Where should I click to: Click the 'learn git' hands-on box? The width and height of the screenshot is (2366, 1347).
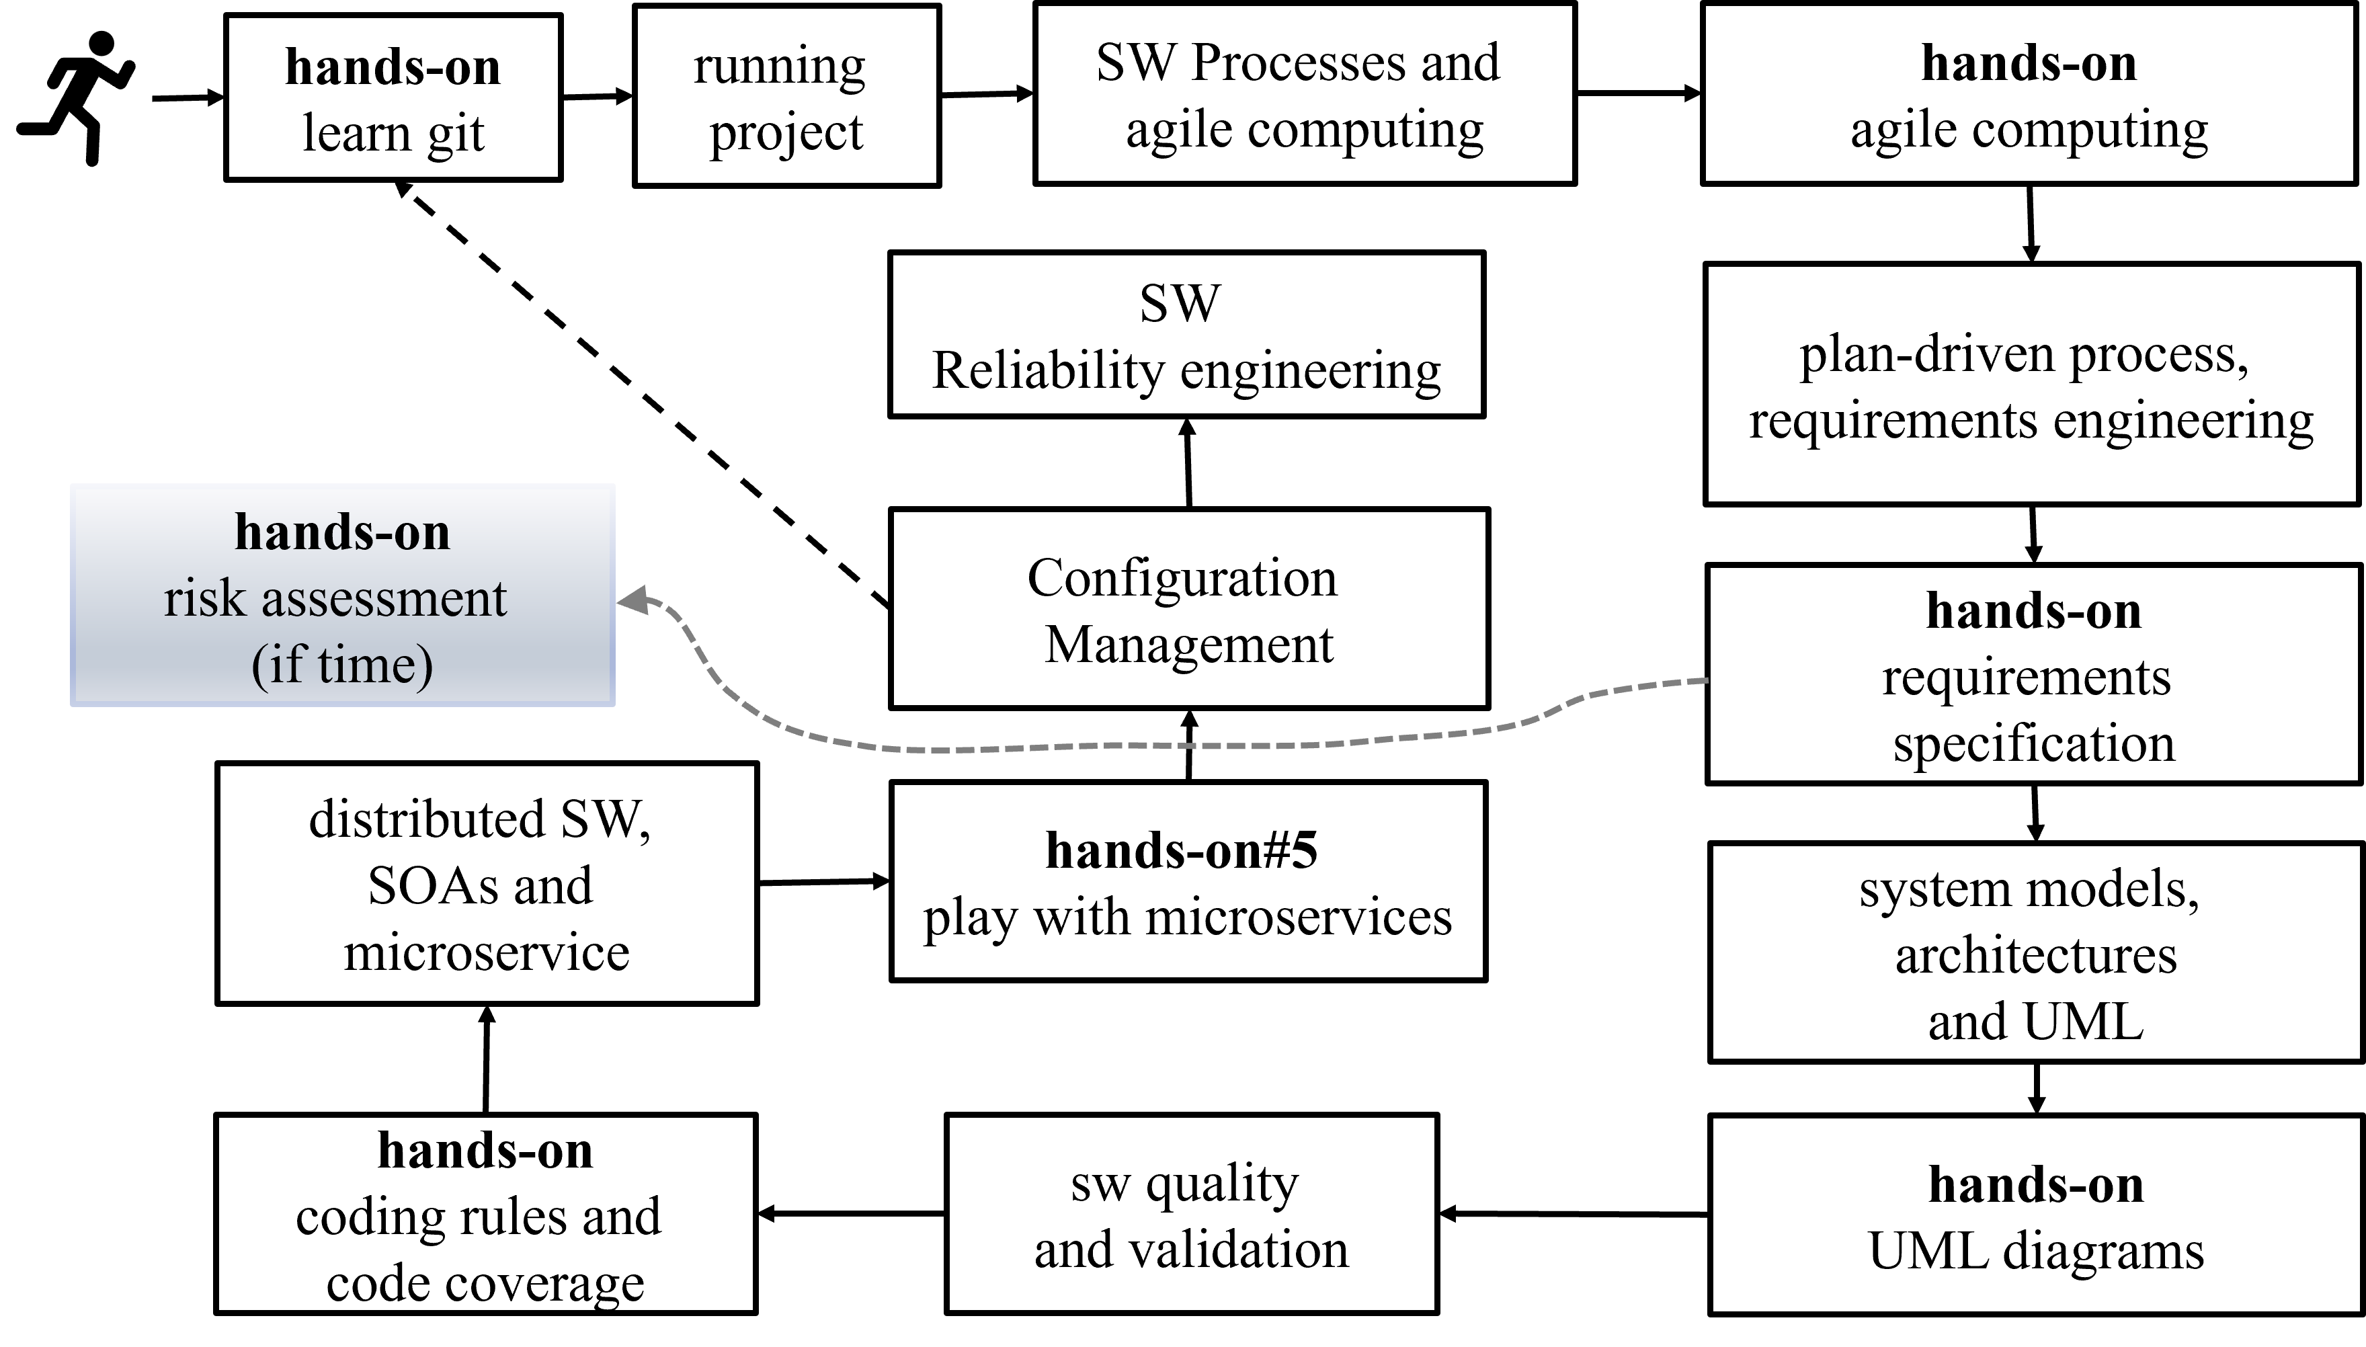click(x=393, y=98)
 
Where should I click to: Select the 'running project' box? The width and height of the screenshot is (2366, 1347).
click(x=786, y=96)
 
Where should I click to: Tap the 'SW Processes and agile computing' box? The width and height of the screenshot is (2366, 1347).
click(x=1304, y=94)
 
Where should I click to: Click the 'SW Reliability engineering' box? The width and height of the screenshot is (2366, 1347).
click(x=1186, y=335)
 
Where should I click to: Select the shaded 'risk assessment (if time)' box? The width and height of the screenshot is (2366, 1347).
click(x=342, y=596)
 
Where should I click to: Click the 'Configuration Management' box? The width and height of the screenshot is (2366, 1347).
click(x=1188, y=610)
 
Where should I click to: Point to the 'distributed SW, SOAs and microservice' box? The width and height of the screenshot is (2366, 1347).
click(x=487, y=883)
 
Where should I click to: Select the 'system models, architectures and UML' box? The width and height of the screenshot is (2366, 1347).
click(x=2035, y=952)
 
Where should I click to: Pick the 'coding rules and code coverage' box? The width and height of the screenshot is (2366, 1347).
click(x=485, y=1214)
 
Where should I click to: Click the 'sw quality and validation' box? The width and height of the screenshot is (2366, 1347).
click(x=1191, y=1214)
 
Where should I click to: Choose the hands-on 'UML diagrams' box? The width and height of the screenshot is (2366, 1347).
click(x=2035, y=1215)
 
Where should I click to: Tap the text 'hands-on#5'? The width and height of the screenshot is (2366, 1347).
click(x=1181, y=850)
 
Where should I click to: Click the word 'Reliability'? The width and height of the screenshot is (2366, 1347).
click(x=1047, y=371)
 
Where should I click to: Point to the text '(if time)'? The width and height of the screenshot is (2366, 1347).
click(x=342, y=664)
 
